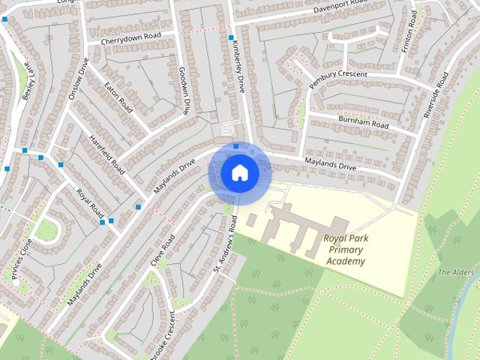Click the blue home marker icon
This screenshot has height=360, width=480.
pyautogui.click(x=239, y=173)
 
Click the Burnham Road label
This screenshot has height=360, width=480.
pyautogui.click(x=363, y=121)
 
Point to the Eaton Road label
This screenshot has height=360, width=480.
pyautogui.click(x=118, y=97)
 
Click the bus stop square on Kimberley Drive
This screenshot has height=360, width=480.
pyautogui.click(x=232, y=37)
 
